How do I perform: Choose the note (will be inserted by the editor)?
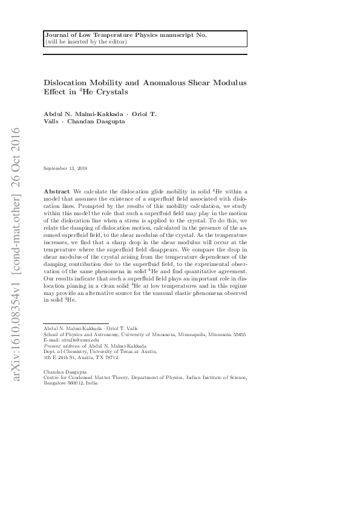85,42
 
